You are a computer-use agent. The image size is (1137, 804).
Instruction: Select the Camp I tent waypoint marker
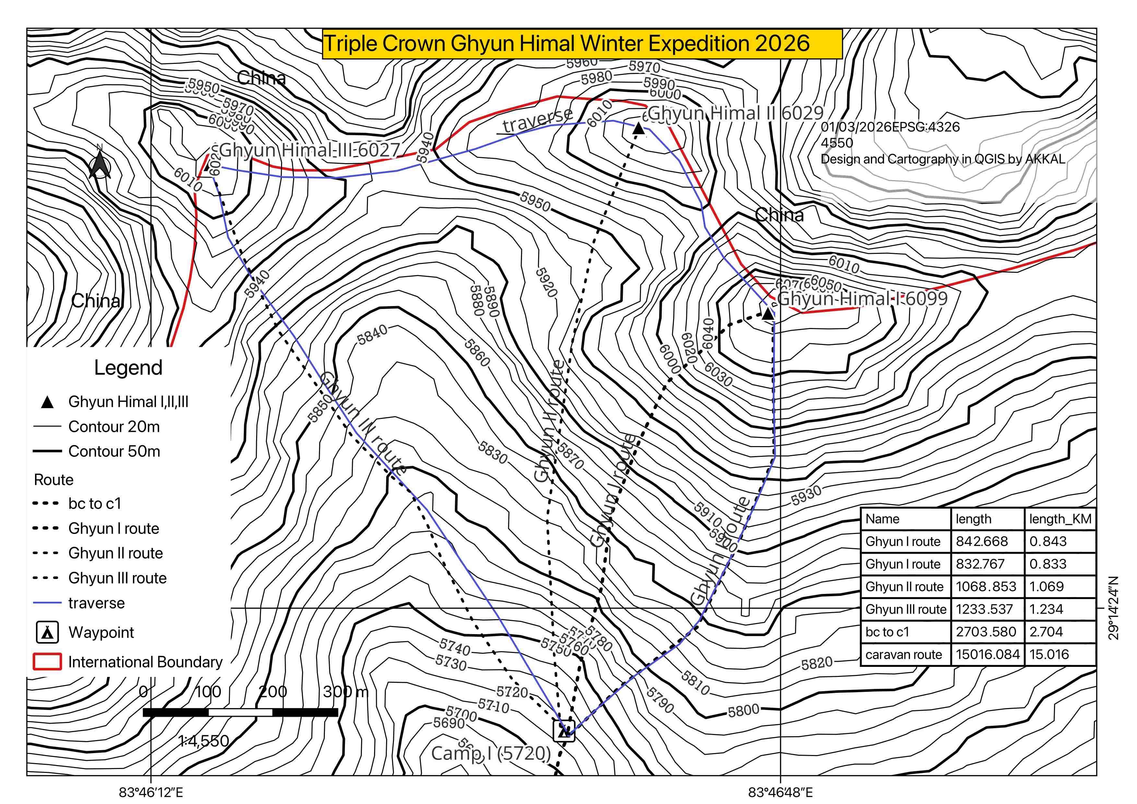point(563,731)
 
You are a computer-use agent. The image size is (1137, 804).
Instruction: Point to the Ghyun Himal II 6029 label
point(735,113)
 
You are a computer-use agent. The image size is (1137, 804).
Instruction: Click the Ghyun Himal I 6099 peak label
point(862,299)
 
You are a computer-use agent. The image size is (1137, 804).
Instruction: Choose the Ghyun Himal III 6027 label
point(309,149)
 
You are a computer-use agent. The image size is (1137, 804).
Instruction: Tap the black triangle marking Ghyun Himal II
point(638,129)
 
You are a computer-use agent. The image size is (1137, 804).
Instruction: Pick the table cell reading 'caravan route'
point(904,655)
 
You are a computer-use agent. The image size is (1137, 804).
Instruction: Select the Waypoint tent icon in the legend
point(48,632)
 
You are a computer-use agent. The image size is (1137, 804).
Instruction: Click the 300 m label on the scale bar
point(345,691)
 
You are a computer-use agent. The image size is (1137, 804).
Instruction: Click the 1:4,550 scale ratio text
point(204,741)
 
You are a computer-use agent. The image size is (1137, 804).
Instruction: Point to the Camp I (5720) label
point(491,753)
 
